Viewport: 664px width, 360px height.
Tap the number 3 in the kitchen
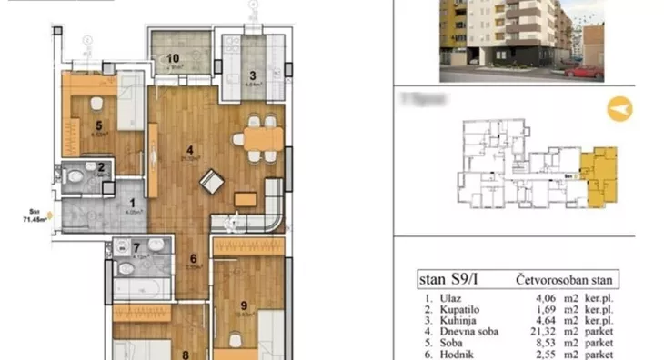click(254, 75)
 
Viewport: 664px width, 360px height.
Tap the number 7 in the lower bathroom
click(136, 247)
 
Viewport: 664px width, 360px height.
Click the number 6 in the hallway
click(194, 257)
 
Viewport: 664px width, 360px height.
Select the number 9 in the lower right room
click(244, 305)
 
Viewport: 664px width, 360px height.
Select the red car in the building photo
click(583, 71)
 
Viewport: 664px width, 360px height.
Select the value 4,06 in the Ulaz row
click(546, 295)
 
